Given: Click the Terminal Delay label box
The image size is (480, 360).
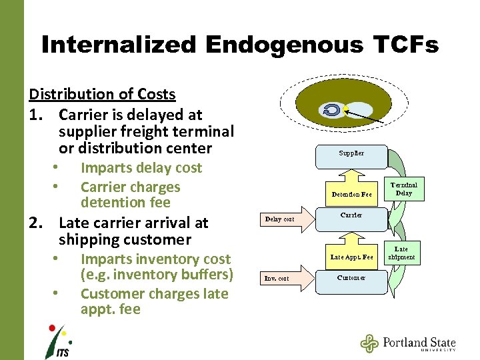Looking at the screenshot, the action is click(403, 189).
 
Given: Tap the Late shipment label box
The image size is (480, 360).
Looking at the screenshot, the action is click(401, 253).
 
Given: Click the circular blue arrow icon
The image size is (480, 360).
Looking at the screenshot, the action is click(331, 110).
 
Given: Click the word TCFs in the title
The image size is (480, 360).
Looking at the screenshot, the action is click(402, 45).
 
